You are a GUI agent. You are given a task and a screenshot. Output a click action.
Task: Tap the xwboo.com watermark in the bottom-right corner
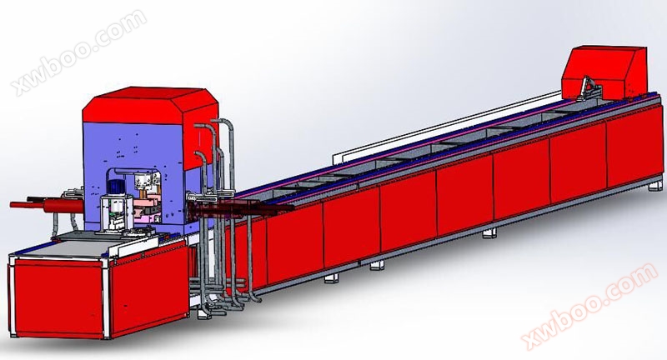pos(589,305)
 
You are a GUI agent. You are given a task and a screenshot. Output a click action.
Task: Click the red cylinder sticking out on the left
pos(47,205)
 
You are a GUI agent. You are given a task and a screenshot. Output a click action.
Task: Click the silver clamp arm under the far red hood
pos(590,88)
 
